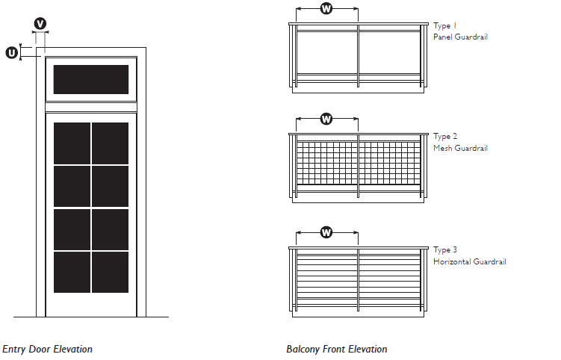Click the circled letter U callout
[12, 52]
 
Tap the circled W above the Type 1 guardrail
[326, 9]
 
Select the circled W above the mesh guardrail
[326, 119]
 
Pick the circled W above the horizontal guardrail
[326, 232]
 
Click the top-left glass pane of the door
[72, 143]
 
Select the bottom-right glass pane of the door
[110, 272]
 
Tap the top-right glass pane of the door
[110, 143]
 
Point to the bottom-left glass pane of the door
[72, 272]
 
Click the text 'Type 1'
[445, 25]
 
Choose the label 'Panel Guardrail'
[460, 37]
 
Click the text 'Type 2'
[445, 137]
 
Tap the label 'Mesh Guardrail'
[460, 148]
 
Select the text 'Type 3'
[445, 249]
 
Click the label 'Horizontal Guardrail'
[469, 261]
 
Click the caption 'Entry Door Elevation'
[47, 349]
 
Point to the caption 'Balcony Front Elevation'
[336, 349]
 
